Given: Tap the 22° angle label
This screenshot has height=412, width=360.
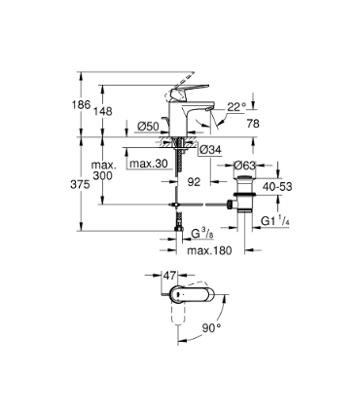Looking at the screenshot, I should [x=237, y=106].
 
